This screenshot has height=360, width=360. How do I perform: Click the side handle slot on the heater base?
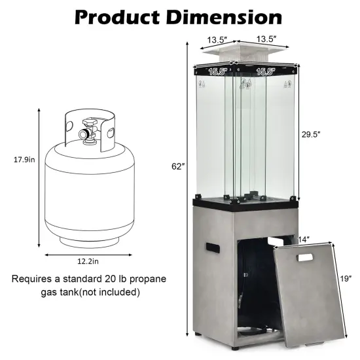point(211,249)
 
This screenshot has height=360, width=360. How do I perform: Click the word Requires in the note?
point(32,279)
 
